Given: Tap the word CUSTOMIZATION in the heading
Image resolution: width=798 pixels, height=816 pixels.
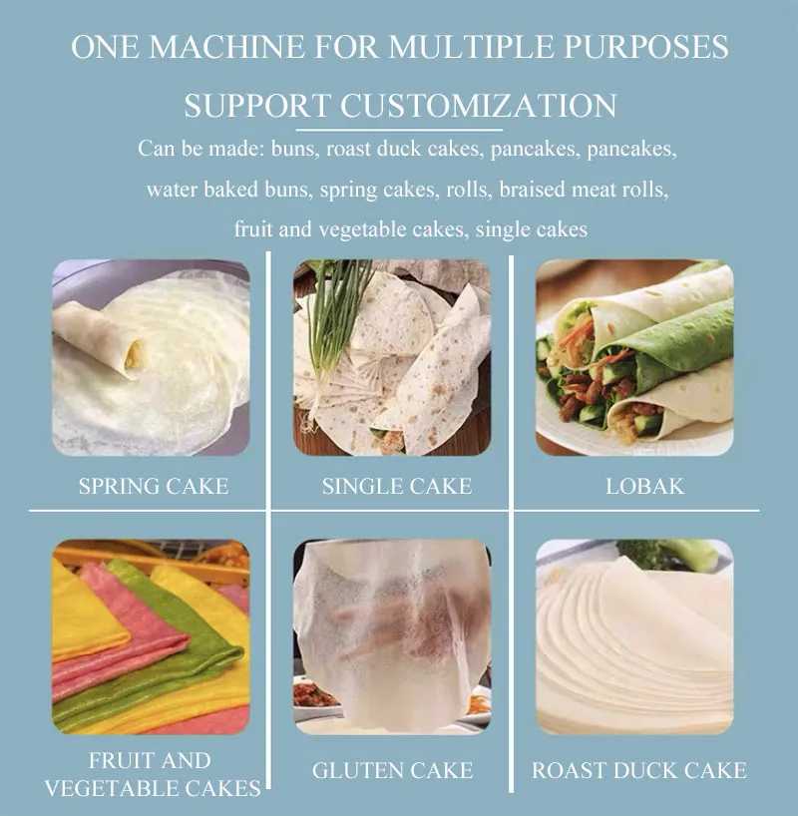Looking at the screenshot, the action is pos(479,106).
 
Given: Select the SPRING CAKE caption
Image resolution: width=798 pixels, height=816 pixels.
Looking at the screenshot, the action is pos(154,486).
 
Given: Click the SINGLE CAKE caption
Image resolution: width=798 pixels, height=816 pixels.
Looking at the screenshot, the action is pos(397,486).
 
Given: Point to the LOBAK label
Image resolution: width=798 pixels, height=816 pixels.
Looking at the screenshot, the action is pos(645,486).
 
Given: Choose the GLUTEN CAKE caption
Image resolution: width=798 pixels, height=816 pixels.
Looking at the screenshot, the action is pos(392,770).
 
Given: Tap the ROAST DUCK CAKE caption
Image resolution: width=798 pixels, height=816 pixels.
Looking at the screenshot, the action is pos(638,770).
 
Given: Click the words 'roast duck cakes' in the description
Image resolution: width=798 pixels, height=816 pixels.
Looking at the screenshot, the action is pos(402,149).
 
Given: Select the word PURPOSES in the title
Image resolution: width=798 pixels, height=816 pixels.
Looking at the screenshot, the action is pos(646,47).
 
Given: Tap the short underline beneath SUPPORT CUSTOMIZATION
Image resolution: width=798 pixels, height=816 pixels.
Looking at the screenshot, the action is pos(399,130).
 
